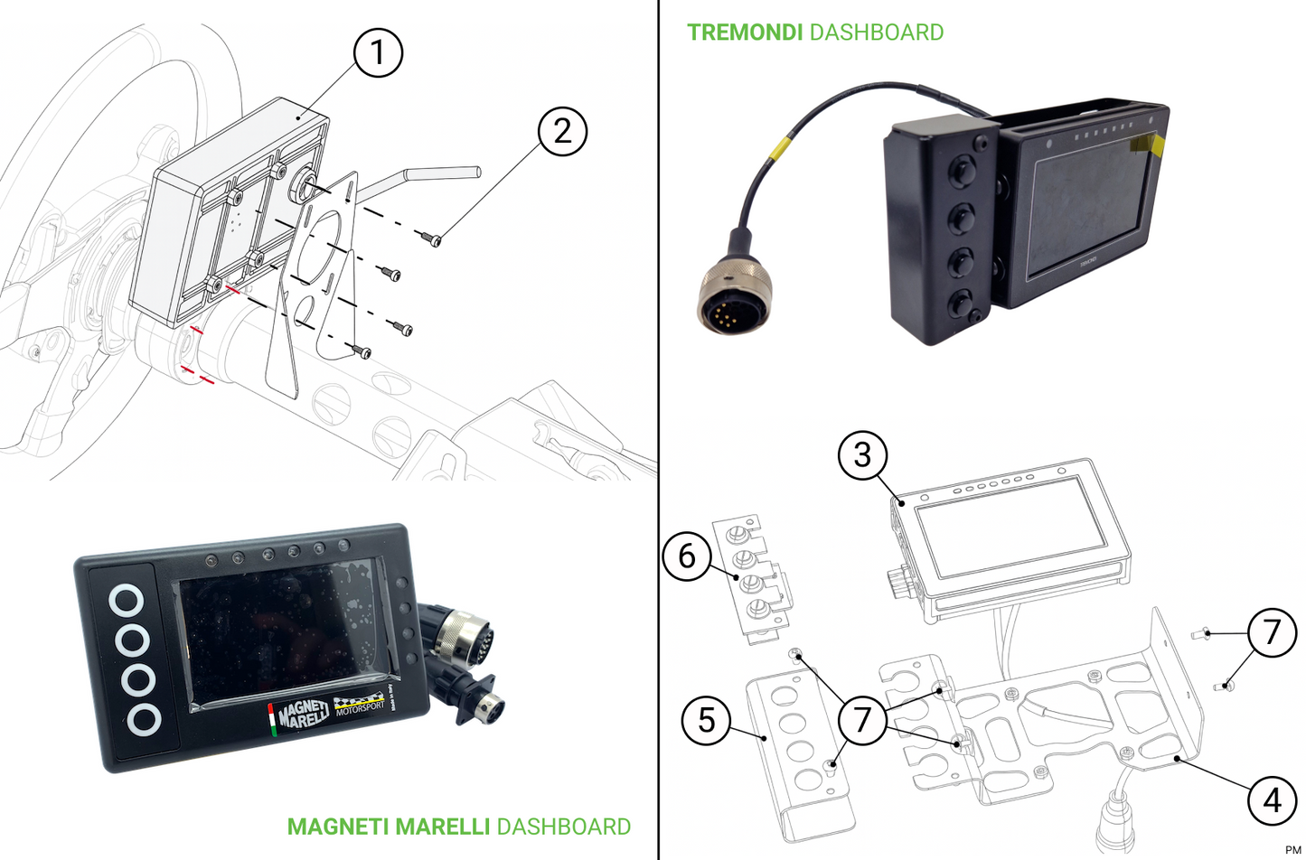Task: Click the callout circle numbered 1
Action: (377, 52)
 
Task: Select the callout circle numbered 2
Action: (562, 131)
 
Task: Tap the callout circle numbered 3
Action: (862, 454)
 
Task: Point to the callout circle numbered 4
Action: (1272, 799)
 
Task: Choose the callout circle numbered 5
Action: (707, 720)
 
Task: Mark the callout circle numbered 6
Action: (687, 556)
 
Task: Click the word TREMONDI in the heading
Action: (744, 33)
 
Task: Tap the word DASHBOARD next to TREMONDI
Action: (876, 33)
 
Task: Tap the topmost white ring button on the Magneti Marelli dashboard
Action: (127, 600)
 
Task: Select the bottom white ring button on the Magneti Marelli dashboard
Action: (143, 720)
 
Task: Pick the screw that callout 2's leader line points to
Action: (432, 238)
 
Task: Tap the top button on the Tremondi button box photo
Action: (962, 168)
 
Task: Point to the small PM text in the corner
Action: (1292, 850)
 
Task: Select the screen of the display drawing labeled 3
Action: (1011, 527)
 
